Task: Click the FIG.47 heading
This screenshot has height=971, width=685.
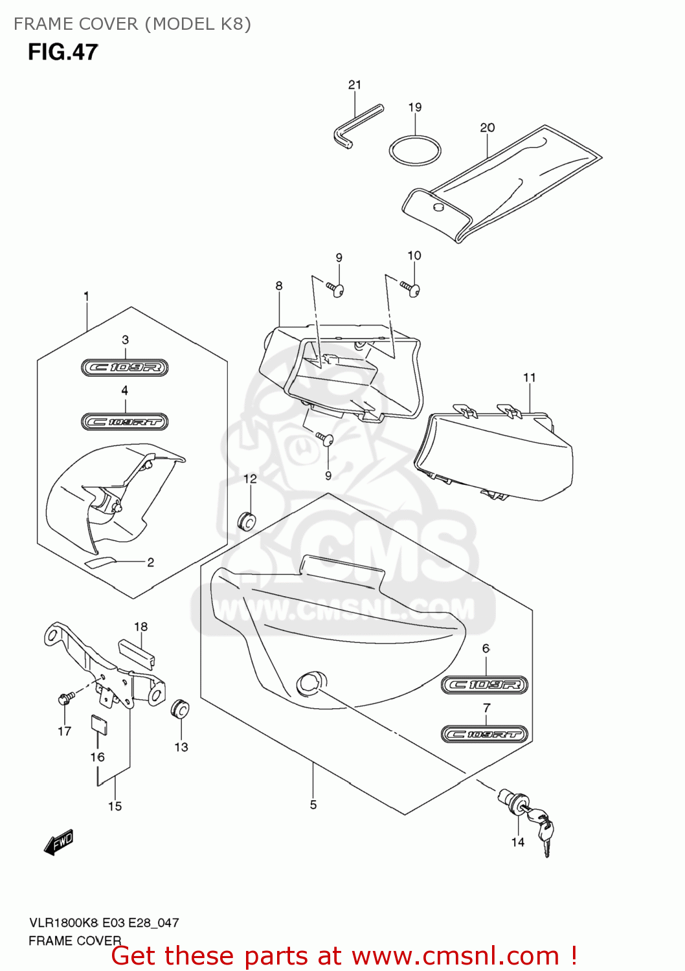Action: (x=63, y=52)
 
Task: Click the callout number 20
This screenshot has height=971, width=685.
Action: (x=487, y=128)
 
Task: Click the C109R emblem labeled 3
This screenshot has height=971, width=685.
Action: (x=125, y=368)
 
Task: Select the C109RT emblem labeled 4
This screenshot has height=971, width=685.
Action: (x=125, y=422)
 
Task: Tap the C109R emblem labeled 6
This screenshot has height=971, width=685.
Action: (x=485, y=685)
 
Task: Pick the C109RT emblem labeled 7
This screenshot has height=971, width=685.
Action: (x=485, y=734)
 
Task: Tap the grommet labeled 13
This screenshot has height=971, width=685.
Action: (x=180, y=709)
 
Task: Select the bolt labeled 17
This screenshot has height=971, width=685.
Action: (x=65, y=698)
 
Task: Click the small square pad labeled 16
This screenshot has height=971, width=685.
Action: (x=98, y=724)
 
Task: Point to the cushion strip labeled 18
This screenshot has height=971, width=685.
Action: (x=136, y=653)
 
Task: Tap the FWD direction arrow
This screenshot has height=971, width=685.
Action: (x=59, y=842)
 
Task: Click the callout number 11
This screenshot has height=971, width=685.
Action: (x=529, y=377)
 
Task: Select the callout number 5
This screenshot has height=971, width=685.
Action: (x=313, y=805)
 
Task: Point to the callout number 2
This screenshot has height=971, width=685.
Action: (x=150, y=562)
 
